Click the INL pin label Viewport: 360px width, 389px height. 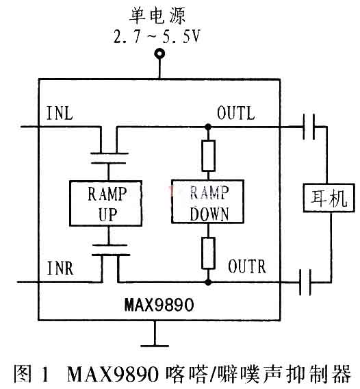tap(60, 113)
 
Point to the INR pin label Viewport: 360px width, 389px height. tap(60, 268)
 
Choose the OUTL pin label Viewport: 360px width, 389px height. tap(236, 113)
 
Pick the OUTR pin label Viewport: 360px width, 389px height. tap(247, 266)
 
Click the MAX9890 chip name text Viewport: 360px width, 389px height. tap(159, 304)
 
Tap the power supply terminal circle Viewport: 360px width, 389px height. tap(159, 54)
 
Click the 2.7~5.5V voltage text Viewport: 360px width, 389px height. tap(157, 37)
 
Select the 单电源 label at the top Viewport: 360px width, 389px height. tap(157, 16)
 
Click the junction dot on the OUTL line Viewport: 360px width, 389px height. tap(208, 127)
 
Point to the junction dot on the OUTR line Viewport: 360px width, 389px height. tap(208, 282)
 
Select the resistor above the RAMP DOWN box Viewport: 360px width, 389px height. tap(208, 155)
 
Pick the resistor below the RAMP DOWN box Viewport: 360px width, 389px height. tap(208, 253)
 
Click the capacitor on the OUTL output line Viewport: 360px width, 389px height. tap(309, 127)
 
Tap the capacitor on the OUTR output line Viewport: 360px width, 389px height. tap(305, 282)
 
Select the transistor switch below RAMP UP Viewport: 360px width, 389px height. tap(110, 250)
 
